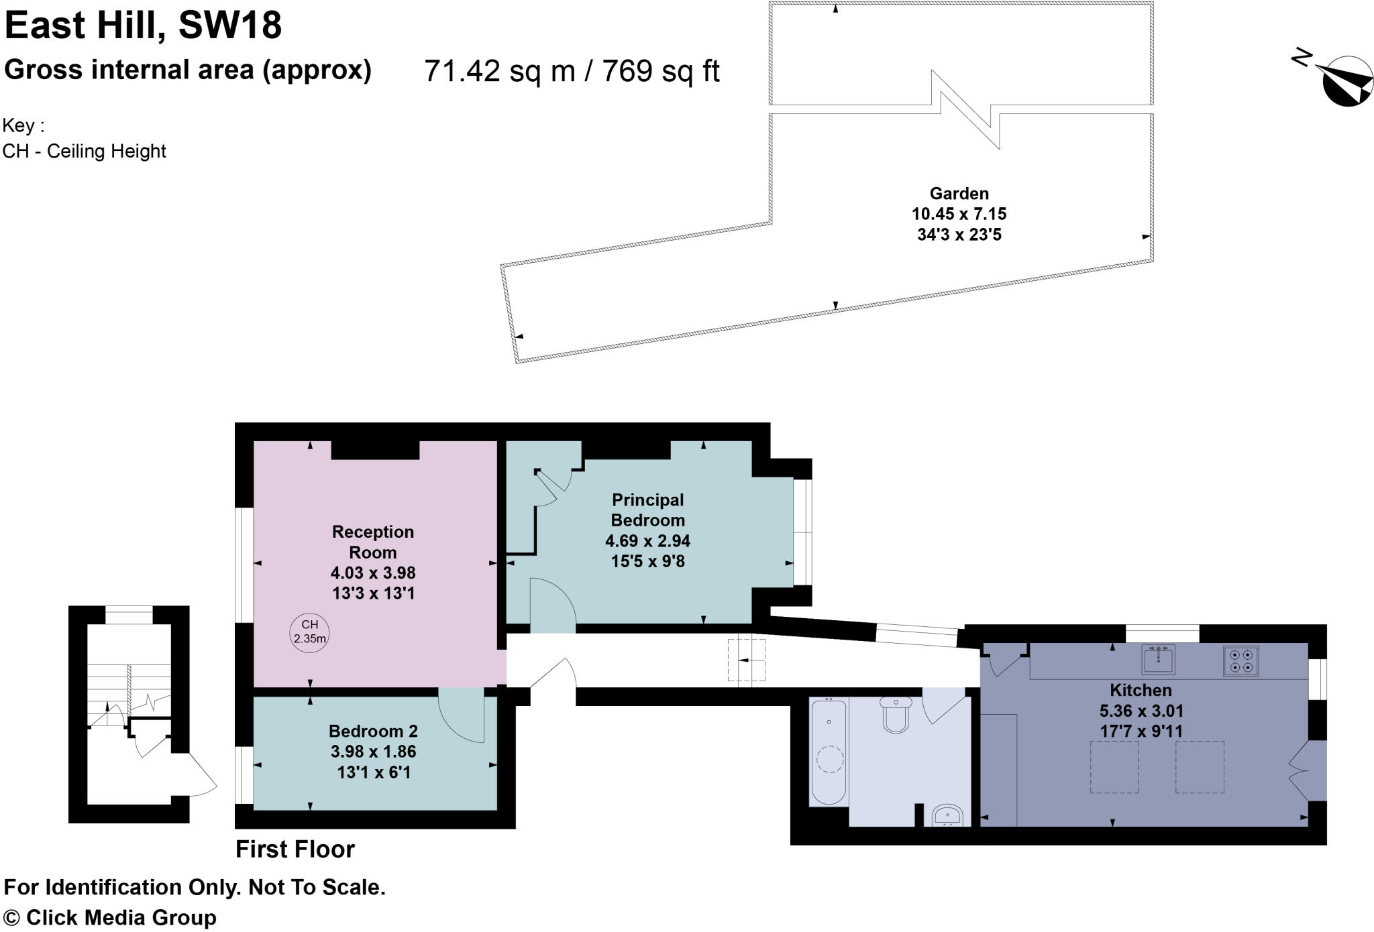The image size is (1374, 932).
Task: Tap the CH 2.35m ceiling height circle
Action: pos(309,632)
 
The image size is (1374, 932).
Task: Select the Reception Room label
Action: pos(373,542)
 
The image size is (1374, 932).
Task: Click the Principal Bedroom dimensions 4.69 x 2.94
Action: pos(647,540)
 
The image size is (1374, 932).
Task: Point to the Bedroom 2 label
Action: pos(373,731)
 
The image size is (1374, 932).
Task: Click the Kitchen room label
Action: pos(1141,690)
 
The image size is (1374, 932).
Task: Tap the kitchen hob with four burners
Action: pos(1240,660)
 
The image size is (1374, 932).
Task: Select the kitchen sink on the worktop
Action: pos(1158,660)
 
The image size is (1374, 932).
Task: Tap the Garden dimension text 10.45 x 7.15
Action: pos(959,215)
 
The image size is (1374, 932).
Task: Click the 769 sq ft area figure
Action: pos(661,71)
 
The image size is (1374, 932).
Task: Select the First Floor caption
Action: pos(295,850)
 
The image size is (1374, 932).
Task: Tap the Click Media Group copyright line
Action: pos(110,917)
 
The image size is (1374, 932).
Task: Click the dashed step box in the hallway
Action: pos(746,660)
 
